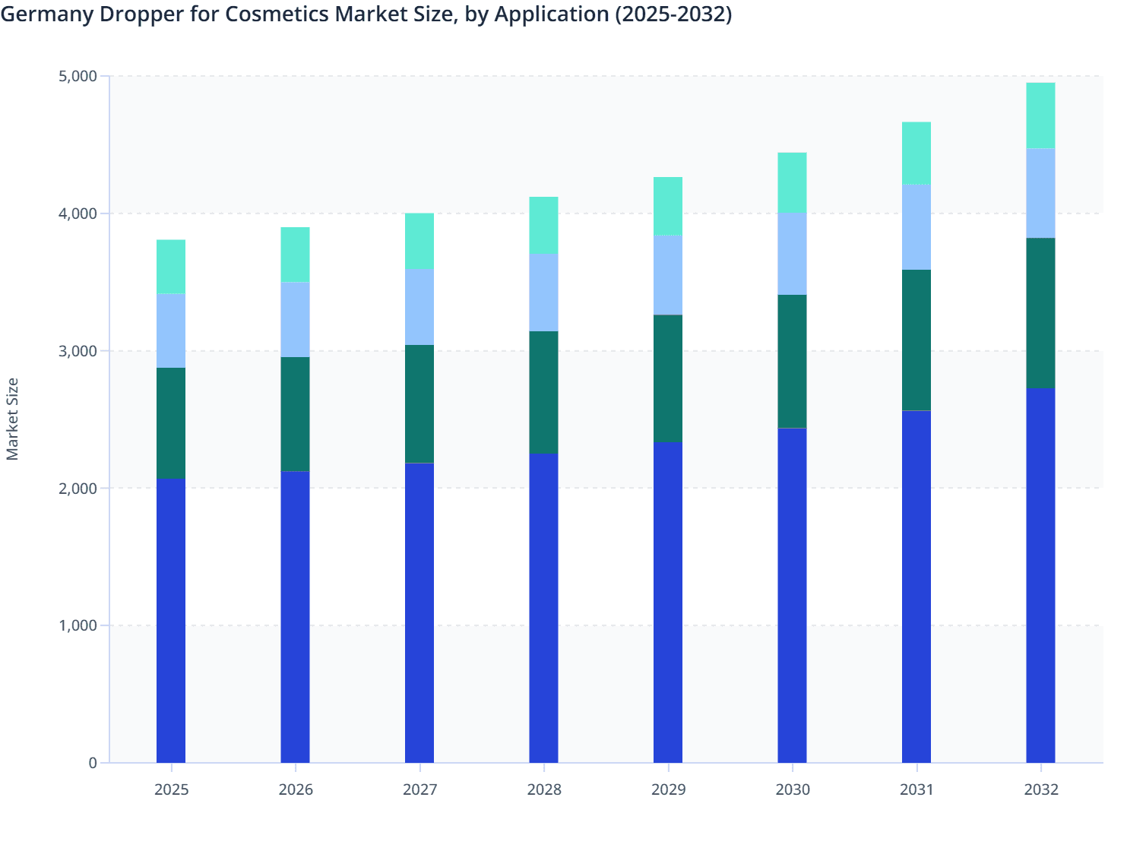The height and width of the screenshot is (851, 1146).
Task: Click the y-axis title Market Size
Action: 12,419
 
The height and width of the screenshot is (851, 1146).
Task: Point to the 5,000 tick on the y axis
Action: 78,76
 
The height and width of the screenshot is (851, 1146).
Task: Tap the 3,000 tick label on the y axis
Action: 78,351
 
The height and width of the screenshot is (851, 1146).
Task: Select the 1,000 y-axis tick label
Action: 78,625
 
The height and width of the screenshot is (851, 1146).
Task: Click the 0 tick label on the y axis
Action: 93,763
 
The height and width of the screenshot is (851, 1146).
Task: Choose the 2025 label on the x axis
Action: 171,789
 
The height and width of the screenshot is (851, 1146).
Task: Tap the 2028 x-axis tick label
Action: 544,789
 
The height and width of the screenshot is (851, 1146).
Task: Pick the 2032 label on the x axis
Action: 1040,789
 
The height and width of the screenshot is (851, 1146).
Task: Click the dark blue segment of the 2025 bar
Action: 171,620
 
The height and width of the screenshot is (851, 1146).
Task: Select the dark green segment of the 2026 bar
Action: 295,414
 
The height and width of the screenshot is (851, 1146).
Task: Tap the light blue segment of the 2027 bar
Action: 419,307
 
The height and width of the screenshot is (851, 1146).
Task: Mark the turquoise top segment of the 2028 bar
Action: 544,225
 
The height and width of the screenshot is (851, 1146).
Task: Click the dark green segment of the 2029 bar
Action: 668,378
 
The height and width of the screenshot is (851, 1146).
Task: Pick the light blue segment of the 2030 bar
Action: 792,254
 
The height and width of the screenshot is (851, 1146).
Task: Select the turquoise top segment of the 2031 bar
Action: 916,153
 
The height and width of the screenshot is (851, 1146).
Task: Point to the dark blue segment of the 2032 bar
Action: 1040,576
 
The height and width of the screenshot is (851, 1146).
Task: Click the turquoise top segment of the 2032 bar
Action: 1040,115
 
